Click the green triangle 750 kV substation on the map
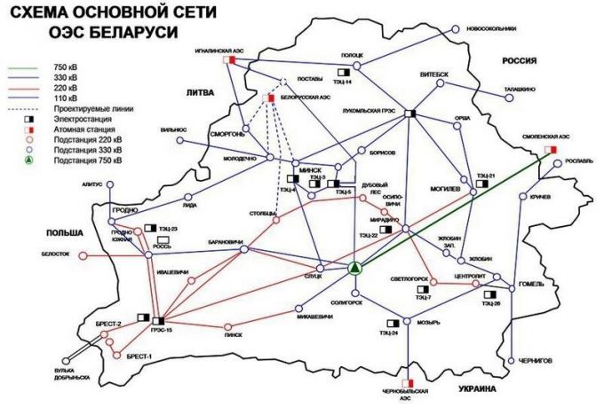point(354,267)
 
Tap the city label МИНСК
point(310,168)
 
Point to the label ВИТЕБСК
point(435,74)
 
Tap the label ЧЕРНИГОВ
point(535,361)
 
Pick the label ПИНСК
point(233,335)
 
